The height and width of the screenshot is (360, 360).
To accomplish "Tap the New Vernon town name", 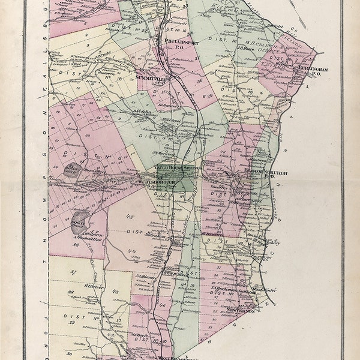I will coord(241,311).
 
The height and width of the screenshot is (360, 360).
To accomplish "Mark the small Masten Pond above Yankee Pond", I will coord(71,170).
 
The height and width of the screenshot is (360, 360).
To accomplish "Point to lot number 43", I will coord(116,292).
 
